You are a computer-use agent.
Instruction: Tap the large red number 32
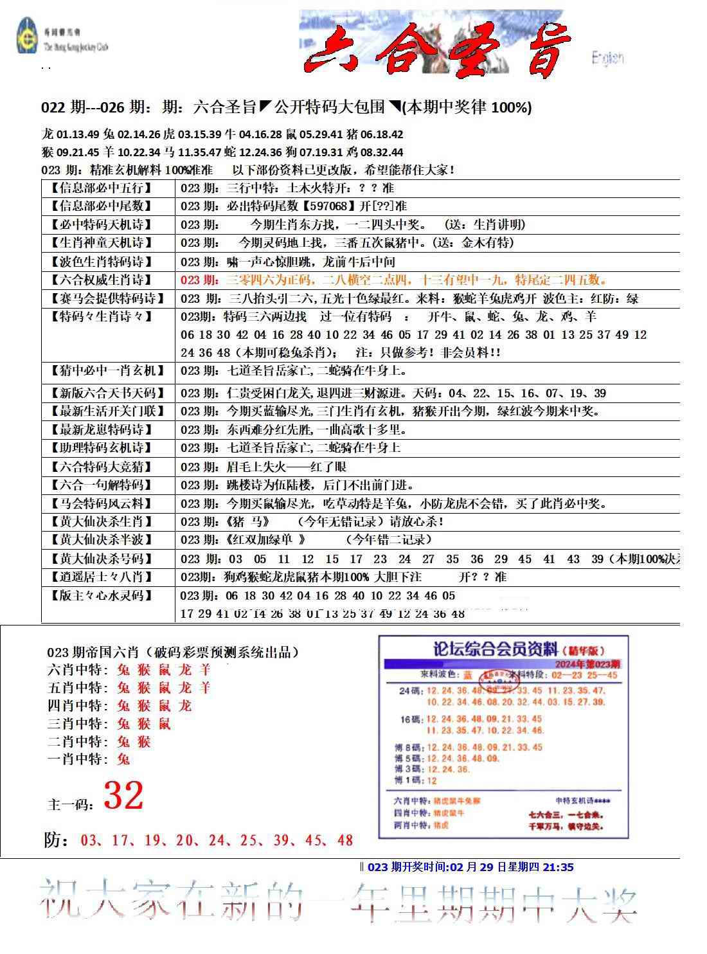[x=123, y=796]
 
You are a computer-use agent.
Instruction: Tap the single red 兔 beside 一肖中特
[x=123, y=759]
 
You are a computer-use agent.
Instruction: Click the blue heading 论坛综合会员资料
[x=488, y=651]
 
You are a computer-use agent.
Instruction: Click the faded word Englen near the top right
[x=607, y=58]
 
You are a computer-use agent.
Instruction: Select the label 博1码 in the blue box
[x=407, y=780]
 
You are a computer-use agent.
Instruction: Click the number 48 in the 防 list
[x=345, y=840]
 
